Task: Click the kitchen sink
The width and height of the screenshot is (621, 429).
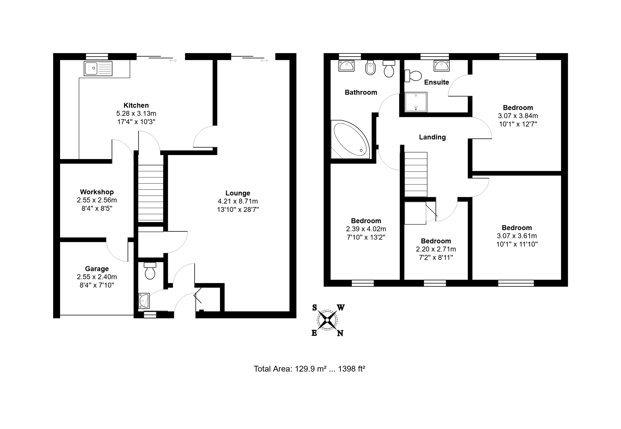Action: [98, 68]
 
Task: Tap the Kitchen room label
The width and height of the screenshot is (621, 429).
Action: [136, 105]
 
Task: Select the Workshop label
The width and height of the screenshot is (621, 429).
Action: [97, 192]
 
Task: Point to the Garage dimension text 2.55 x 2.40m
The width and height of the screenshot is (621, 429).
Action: [97, 277]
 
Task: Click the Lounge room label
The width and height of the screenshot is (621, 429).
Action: [238, 193]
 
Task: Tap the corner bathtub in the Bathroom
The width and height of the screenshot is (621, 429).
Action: [350, 139]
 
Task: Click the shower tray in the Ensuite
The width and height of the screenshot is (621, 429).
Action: [416, 102]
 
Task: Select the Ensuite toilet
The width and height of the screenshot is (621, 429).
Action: [413, 76]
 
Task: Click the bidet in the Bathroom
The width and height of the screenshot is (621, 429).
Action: [370, 68]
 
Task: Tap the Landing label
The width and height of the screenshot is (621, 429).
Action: [432, 137]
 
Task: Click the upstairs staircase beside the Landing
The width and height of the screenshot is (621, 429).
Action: [416, 174]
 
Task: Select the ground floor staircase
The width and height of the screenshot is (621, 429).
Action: [150, 193]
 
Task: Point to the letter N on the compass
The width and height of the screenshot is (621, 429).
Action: [340, 333]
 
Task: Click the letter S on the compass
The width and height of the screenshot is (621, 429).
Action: [315, 308]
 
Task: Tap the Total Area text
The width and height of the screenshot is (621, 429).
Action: [309, 369]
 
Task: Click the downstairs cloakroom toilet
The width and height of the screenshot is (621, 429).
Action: [150, 271]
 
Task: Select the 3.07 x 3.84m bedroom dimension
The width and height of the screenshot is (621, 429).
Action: [518, 116]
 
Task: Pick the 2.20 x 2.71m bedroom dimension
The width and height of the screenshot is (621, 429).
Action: [436, 249]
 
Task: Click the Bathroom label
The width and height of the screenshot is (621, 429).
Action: [361, 92]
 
